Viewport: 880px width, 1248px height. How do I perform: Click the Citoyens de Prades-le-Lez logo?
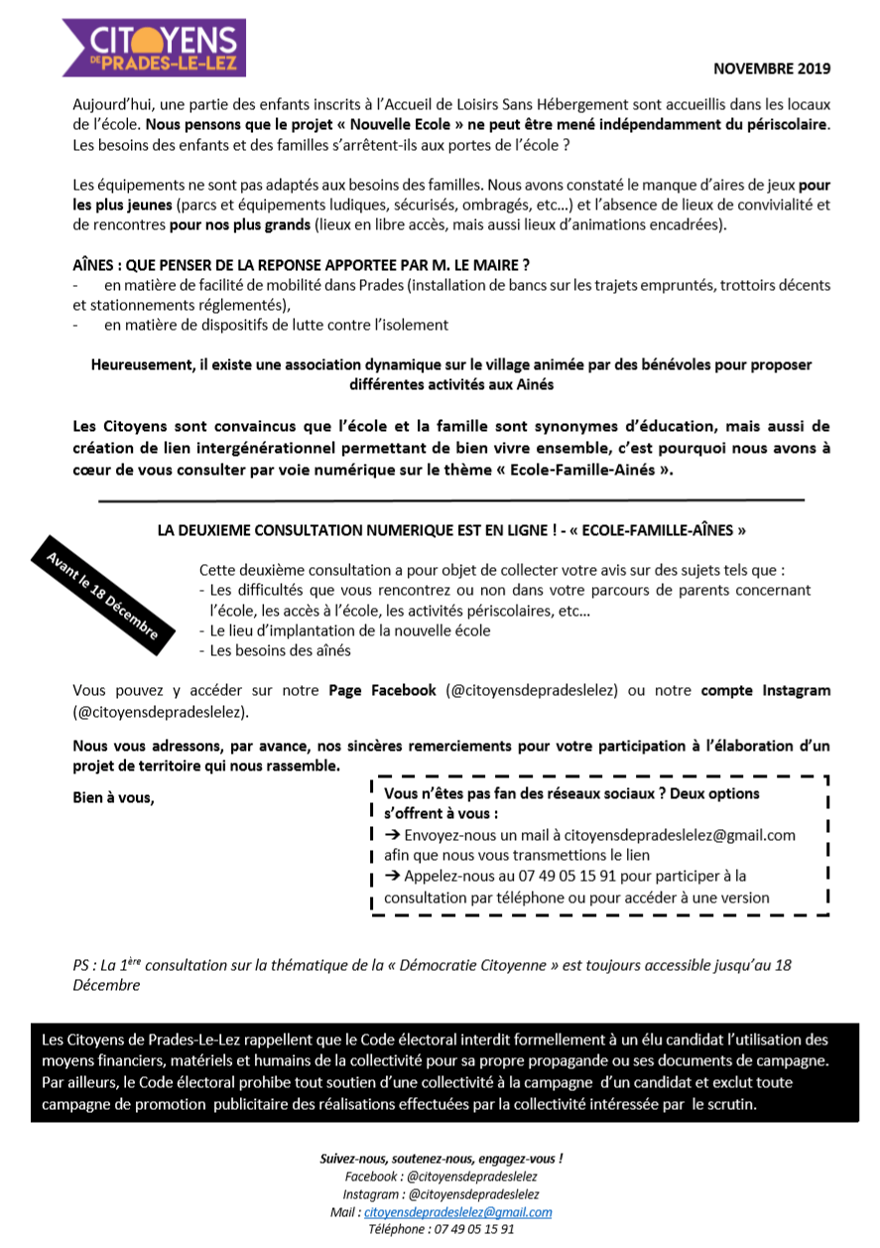[x=154, y=48]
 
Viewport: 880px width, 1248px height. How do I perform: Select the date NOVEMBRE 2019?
[x=772, y=69]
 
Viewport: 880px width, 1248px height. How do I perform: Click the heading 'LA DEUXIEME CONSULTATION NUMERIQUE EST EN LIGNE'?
[x=452, y=530]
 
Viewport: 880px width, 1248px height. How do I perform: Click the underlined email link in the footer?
[x=457, y=1212]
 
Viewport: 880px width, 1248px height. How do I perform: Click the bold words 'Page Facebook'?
[x=382, y=690]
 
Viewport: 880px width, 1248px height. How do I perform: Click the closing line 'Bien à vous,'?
[x=114, y=798]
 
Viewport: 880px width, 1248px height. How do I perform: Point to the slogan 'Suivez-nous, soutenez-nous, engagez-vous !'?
[x=440, y=1159]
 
